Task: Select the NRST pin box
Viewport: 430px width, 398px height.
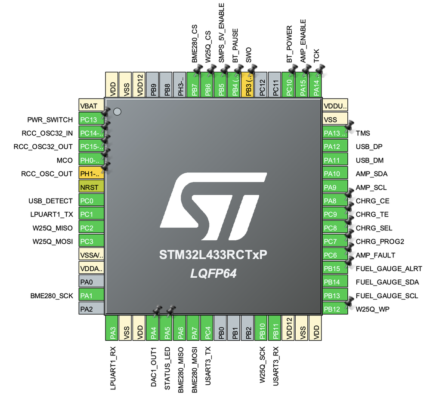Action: (x=91, y=187)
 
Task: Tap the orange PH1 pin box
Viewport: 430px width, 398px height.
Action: (x=91, y=174)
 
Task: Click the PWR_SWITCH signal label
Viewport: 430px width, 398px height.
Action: (x=50, y=119)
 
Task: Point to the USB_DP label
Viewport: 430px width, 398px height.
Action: (x=369, y=147)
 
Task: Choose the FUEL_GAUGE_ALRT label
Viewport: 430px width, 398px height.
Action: (x=389, y=269)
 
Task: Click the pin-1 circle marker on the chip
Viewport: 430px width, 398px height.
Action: (x=117, y=112)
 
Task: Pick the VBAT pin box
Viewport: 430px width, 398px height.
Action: (x=91, y=106)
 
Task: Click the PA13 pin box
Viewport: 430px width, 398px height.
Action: (x=335, y=133)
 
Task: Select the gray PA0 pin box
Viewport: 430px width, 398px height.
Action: (x=91, y=282)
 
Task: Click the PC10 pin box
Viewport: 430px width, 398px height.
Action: (x=289, y=85)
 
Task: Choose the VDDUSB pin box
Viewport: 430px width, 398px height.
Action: (x=335, y=106)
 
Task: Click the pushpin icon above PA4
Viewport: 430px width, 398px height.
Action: (x=157, y=309)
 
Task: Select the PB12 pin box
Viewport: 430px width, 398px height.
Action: (x=335, y=309)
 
